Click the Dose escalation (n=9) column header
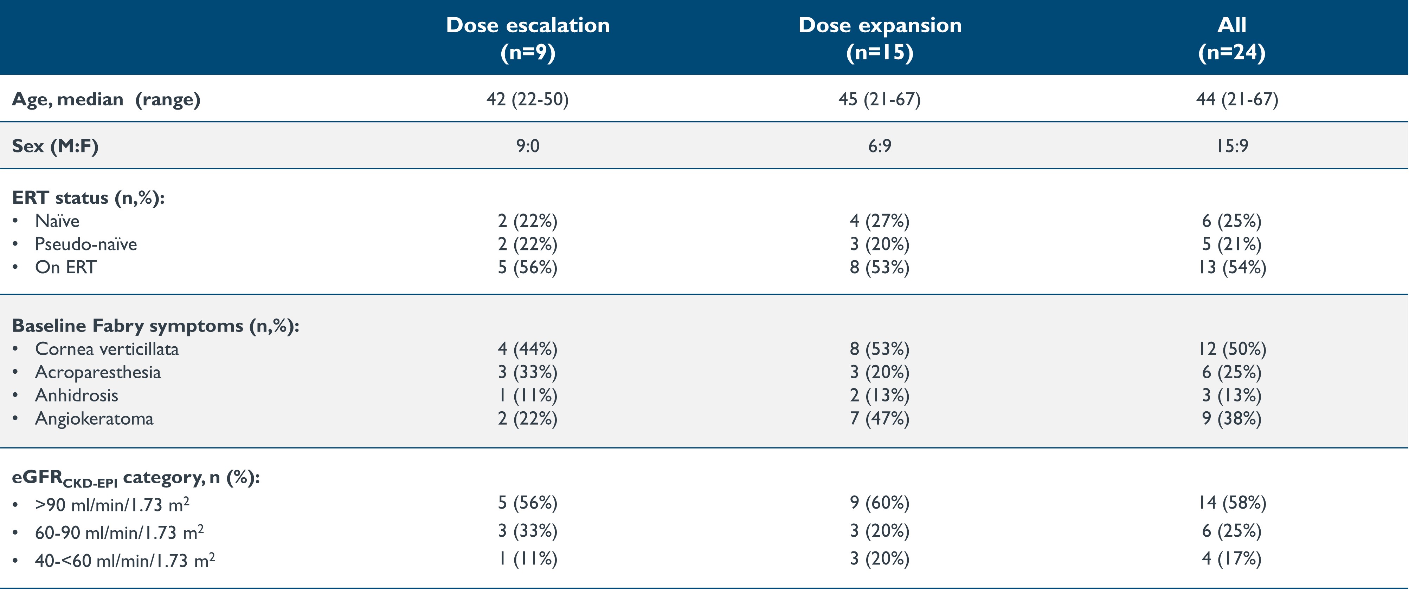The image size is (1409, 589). coord(527,38)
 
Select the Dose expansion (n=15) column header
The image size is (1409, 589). coord(880,38)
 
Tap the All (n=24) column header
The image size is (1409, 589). coord(1232,38)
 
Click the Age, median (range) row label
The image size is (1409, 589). coord(106,99)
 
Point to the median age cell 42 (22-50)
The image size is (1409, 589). coord(527,99)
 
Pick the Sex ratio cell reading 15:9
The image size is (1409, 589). coord(1232,146)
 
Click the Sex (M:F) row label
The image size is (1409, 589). coord(55,146)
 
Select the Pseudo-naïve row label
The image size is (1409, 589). coord(86,244)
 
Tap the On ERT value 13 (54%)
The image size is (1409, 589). coord(1232,267)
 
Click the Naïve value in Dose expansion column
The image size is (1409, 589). coord(880,221)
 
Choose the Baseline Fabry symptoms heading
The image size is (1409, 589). coord(155,326)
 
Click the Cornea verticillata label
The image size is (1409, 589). coord(107,349)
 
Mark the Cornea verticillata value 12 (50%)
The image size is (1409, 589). coord(1232,349)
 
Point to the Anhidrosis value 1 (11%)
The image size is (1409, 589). coord(527,395)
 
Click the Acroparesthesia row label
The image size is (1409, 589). coord(98,372)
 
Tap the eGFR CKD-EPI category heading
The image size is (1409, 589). coord(136,478)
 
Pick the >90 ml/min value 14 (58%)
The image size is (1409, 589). coord(1232,503)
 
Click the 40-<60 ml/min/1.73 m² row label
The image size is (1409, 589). coord(125,561)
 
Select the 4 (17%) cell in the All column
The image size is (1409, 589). coord(1232,559)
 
